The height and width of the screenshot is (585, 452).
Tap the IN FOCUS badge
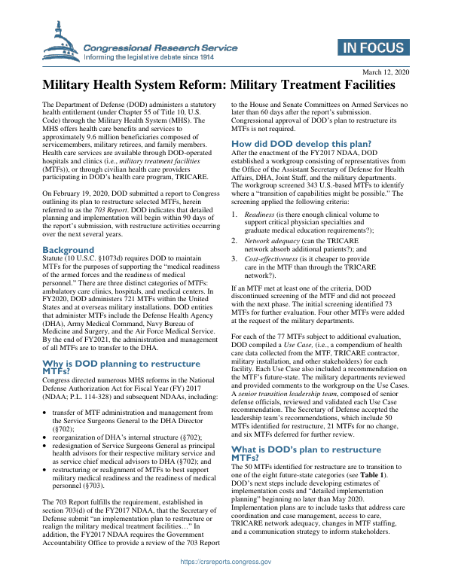pos(373,48)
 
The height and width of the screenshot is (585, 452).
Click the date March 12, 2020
pos(385,72)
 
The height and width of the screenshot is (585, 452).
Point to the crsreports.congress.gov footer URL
pos(226,562)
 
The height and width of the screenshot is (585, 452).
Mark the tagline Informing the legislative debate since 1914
pos(149,57)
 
